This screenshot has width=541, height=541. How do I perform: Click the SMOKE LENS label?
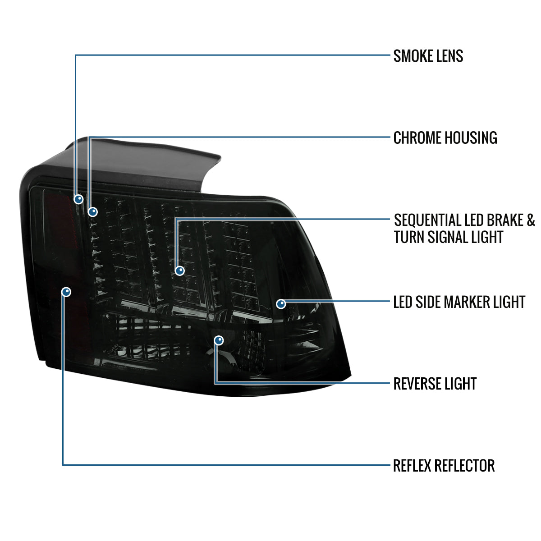pyautogui.click(x=428, y=56)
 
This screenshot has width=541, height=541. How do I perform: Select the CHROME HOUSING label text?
pyautogui.click(x=445, y=138)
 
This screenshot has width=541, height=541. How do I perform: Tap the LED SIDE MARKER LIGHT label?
pyautogui.click(x=459, y=302)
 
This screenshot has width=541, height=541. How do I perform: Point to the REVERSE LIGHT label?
pyautogui.click(x=435, y=384)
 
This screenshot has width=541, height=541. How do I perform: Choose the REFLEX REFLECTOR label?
pyautogui.click(x=444, y=466)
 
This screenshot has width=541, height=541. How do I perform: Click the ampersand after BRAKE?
pyautogui.click(x=531, y=220)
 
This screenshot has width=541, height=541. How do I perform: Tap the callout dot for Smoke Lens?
pyautogui.click(x=79, y=199)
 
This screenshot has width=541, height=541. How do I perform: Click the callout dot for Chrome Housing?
pyautogui.click(x=93, y=211)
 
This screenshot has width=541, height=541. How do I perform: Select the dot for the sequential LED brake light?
pyautogui.click(x=180, y=270)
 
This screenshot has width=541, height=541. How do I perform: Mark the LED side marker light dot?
pyautogui.click(x=281, y=303)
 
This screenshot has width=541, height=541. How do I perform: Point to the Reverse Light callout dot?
pyautogui.click(x=219, y=340)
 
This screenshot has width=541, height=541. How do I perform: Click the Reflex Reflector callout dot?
pyautogui.click(x=66, y=292)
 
